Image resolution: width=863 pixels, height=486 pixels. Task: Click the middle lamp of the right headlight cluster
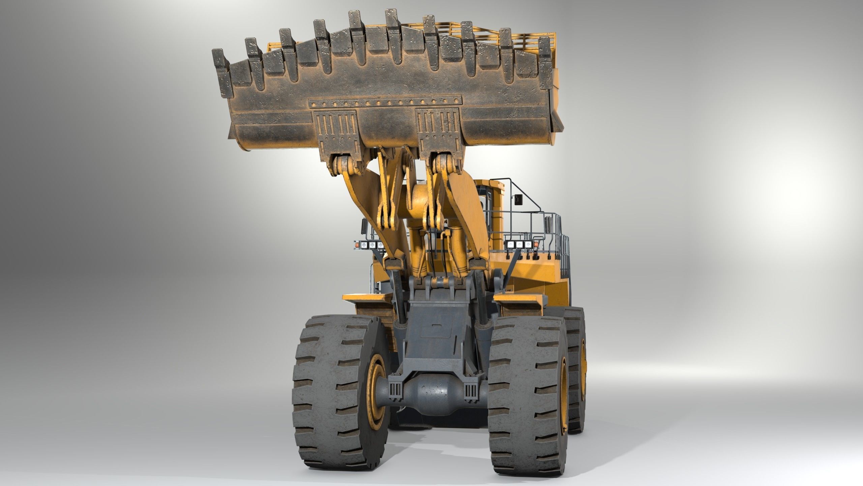(519, 244)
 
